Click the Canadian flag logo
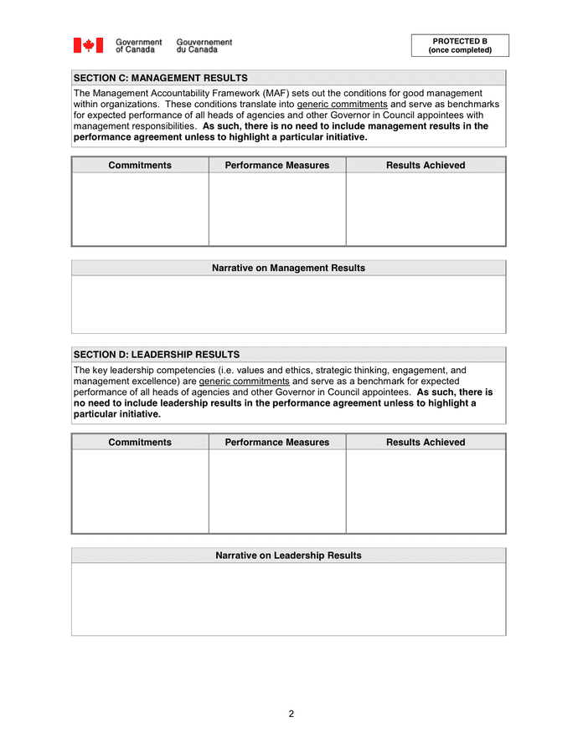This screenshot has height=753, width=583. [88, 45]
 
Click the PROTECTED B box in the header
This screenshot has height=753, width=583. [459, 45]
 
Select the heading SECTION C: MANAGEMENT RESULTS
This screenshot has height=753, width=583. [161, 78]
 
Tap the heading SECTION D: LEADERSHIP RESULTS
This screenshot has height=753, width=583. [157, 355]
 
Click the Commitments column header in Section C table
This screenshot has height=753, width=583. [140, 166]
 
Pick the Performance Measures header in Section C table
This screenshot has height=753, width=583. [277, 166]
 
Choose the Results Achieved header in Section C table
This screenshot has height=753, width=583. [426, 166]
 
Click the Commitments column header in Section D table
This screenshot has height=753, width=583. [140, 443]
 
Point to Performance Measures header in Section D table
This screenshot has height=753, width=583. [277, 443]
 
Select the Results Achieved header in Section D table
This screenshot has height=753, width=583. [426, 443]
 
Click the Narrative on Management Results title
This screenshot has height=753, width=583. [288, 269]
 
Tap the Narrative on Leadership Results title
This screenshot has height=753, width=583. [288, 556]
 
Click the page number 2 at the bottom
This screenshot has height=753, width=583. [291, 714]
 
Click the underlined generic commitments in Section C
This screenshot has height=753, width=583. [342, 105]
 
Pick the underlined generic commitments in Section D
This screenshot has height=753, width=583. [244, 382]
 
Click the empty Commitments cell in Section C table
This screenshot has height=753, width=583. [140, 209]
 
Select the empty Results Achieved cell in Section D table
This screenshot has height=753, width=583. [426, 491]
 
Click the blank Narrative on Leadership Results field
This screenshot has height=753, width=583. [288, 599]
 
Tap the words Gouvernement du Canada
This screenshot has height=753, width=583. [204, 45]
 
